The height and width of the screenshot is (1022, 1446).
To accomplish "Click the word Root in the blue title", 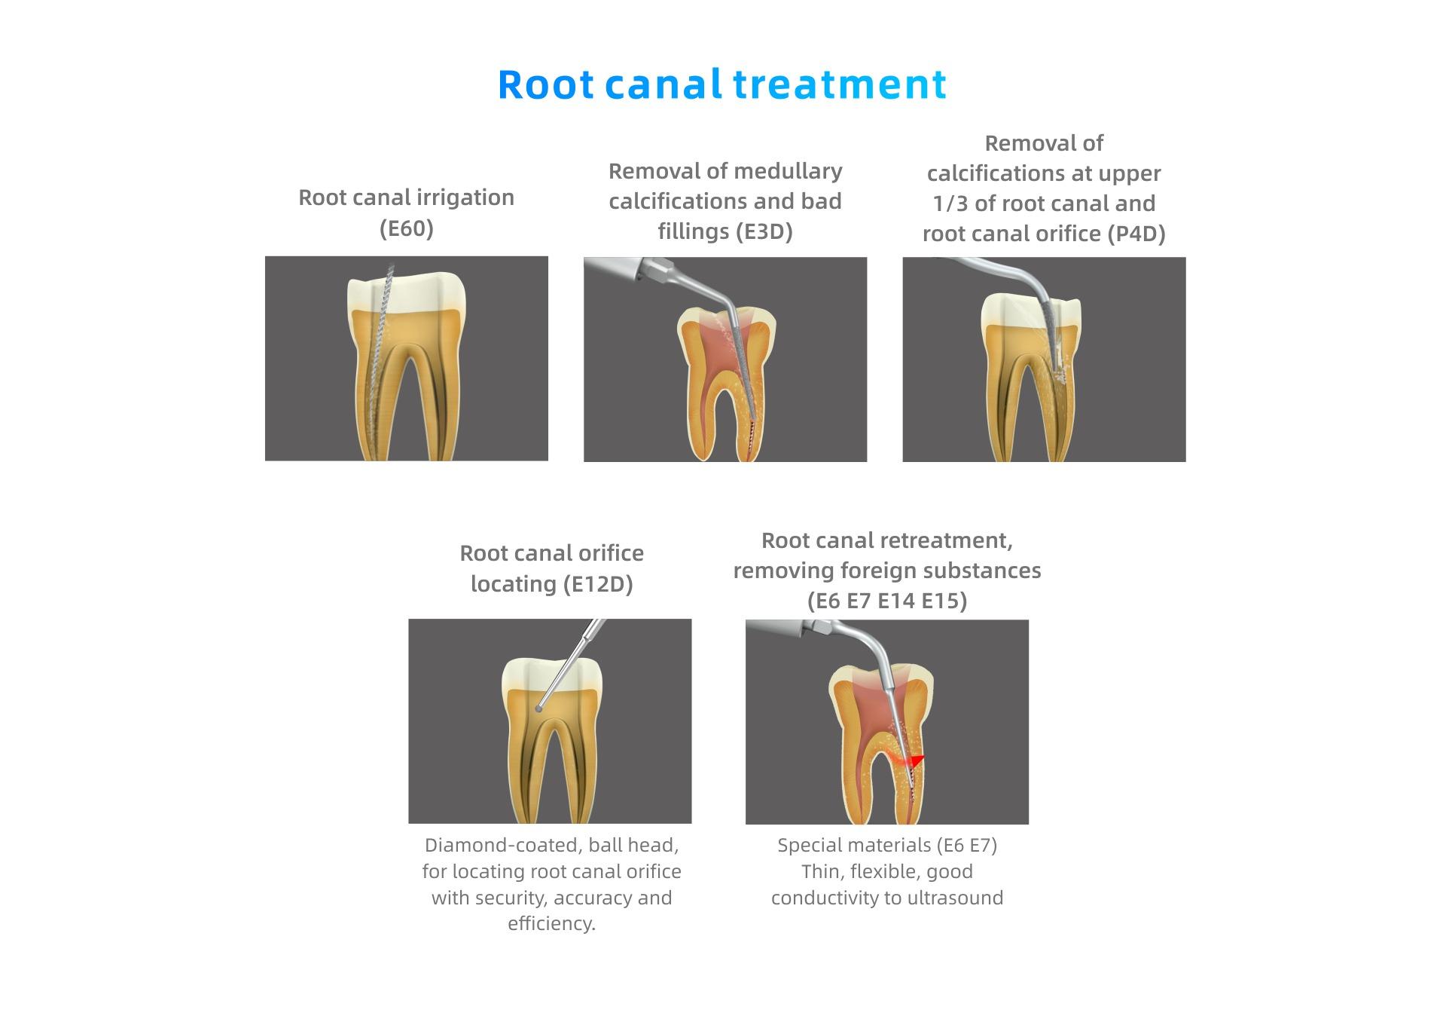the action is point(546,84).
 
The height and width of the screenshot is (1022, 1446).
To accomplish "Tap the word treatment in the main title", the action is point(840,84).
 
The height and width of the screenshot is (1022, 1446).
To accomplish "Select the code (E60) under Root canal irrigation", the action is point(407,228).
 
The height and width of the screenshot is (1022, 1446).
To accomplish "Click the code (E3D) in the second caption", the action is point(764,231).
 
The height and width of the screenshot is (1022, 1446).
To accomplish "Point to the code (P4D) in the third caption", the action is point(1136,234).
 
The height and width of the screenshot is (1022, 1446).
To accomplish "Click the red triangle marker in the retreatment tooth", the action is point(916,760).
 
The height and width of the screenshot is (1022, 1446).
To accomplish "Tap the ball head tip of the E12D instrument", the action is point(538,708).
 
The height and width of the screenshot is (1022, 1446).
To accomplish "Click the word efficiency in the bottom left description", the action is point(551,924).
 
